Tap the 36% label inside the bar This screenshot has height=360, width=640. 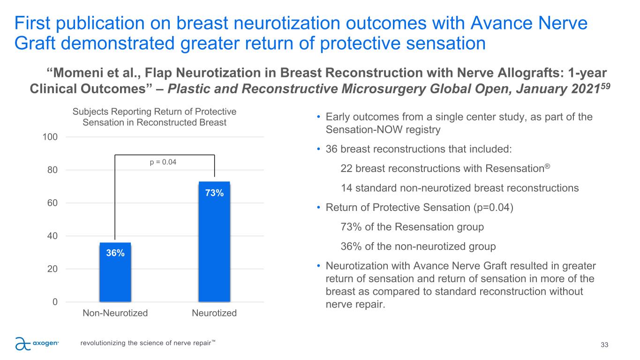tap(115, 253)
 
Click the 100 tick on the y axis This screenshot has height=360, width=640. tap(50, 137)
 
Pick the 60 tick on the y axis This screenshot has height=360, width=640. tap(52, 203)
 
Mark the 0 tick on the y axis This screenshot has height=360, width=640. tap(54, 302)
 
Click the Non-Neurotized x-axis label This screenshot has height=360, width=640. tap(115, 313)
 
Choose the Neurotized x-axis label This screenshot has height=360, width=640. tap(214, 313)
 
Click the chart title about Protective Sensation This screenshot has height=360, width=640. tap(154, 117)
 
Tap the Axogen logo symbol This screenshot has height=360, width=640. tap(23, 344)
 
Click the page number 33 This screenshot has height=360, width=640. tap(604, 345)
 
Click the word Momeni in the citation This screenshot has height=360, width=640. tap(75, 74)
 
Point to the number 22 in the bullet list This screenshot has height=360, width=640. tap(346, 168)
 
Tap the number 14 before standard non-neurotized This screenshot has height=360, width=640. tap(346, 188)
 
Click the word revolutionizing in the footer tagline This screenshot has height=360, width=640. tap(103, 343)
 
